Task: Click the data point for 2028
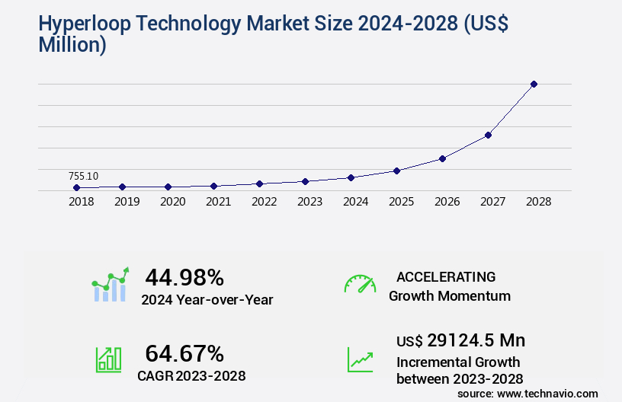(x=534, y=84)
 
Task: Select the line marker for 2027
(x=488, y=135)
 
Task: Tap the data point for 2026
(x=442, y=158)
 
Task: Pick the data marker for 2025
(x=396, y=171)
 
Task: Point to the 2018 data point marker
(x=76, y=187)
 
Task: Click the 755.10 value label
(x=83, y=176)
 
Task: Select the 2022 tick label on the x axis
(x=264, y=203)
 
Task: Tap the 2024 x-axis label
(x=355, y=203)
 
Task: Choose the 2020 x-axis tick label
(x=172, y=203)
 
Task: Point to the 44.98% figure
(x=184, y=276)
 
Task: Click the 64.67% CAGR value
(x=184, y=353)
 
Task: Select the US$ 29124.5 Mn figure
(x=460, y=340)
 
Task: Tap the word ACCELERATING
(x=446, y=277)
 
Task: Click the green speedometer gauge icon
(x=360, y=284)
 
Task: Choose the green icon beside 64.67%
(x=108, y=359)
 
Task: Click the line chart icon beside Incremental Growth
(x=360, y=359)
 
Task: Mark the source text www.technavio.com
(x=547, y=393)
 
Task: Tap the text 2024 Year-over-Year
(x=207, y=300)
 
